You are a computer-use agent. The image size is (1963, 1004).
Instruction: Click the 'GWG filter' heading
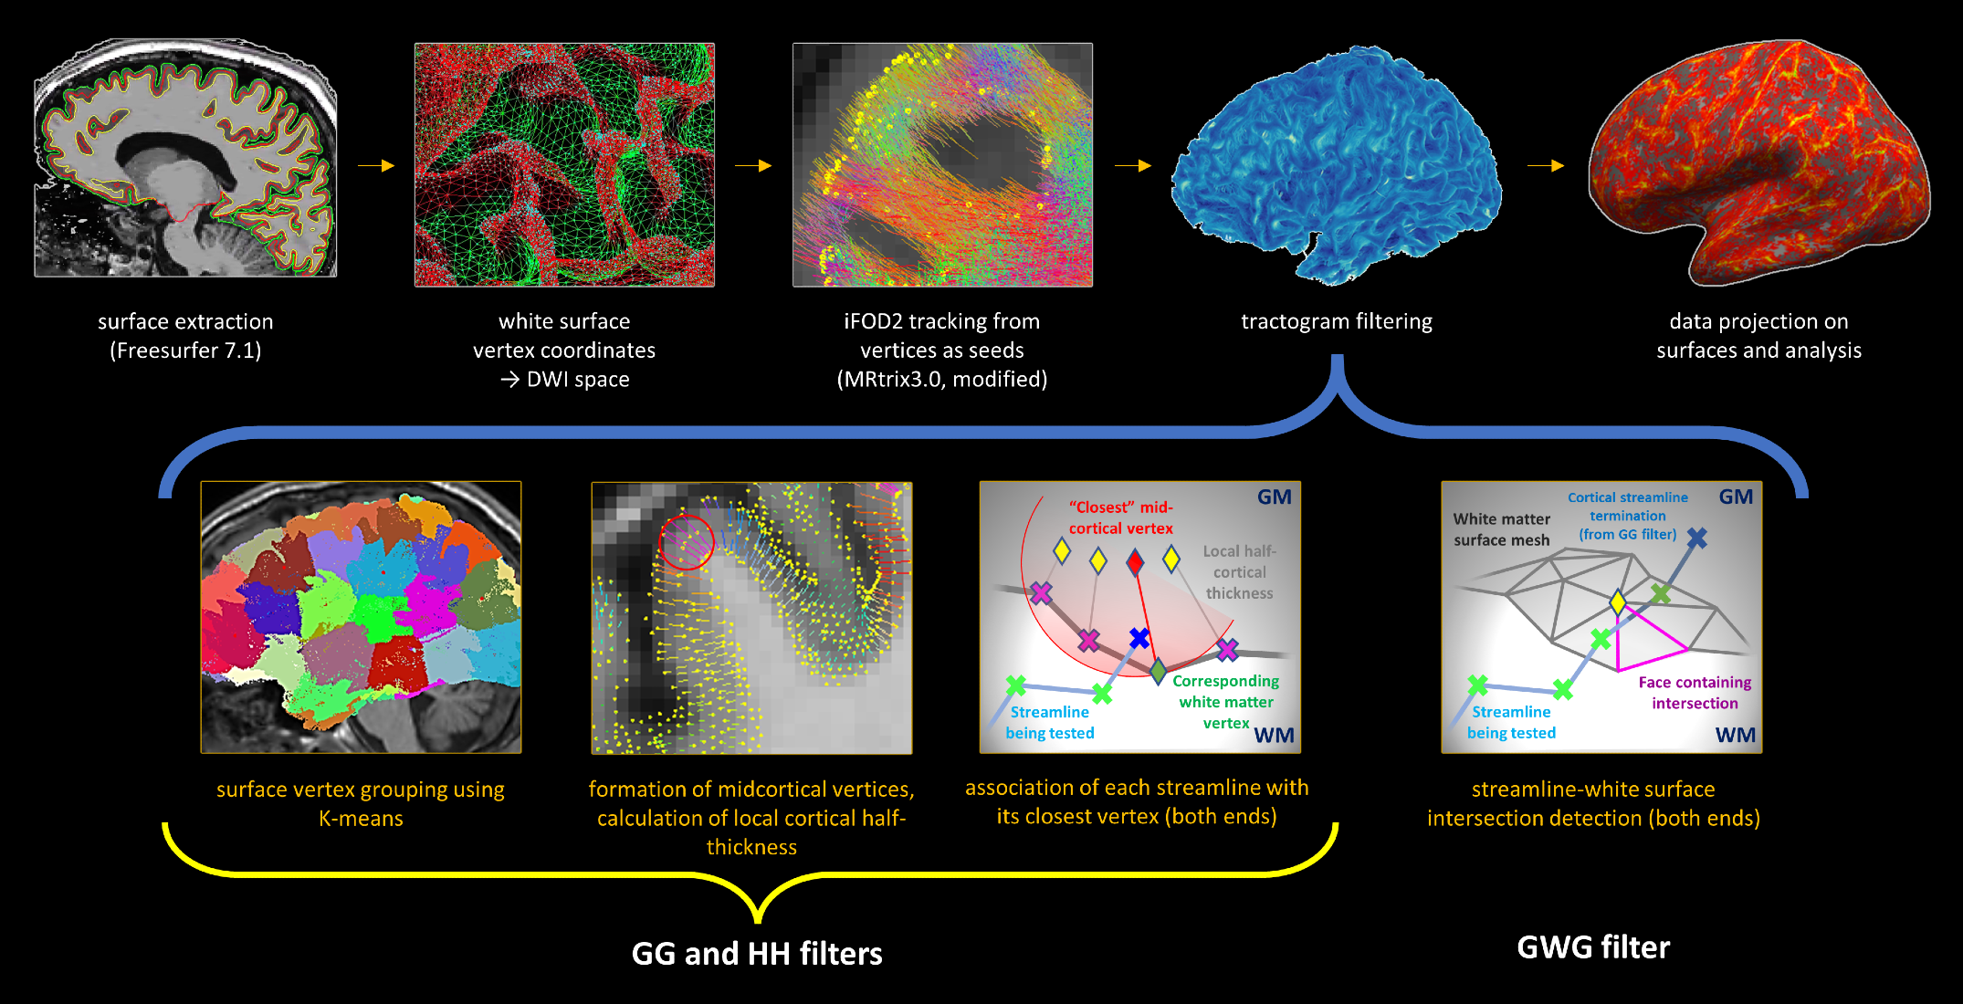[x=1593, y=947]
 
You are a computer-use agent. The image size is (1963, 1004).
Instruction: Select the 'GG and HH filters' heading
[x=757, y=954]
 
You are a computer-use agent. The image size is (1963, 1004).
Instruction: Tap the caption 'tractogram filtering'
[x=1337, y=321]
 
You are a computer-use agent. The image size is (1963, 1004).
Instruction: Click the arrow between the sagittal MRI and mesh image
[x=375, y=165]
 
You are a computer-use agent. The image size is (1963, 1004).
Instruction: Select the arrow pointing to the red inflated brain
[x=1546, y=165]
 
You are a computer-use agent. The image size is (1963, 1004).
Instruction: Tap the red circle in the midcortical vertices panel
[x=687, y=542]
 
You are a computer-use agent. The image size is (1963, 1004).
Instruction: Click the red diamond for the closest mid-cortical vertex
[x=1135, y=561]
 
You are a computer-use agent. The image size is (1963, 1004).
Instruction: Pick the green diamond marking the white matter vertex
[x=1158, y=672]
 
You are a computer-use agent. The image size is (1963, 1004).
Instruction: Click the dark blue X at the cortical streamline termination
[x=1696, y=539]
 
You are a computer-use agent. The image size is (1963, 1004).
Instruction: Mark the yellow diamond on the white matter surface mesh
[x=1618, y=602]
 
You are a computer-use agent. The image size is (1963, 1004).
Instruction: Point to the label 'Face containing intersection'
[x=1695, y=693]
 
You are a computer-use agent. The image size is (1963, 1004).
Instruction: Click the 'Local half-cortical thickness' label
[x=1239, y=572]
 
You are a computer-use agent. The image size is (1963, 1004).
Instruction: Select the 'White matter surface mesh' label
[x=1502, y=529]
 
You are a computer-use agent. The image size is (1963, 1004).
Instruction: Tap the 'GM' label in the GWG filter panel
[x=1736, y=497]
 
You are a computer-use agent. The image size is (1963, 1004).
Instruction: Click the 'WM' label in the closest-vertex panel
[x=1274, y=736]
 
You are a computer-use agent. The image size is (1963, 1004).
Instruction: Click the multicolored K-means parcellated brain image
[x=361, y=617]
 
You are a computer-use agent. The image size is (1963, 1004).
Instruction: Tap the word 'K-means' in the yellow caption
[x=361, y=819]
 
